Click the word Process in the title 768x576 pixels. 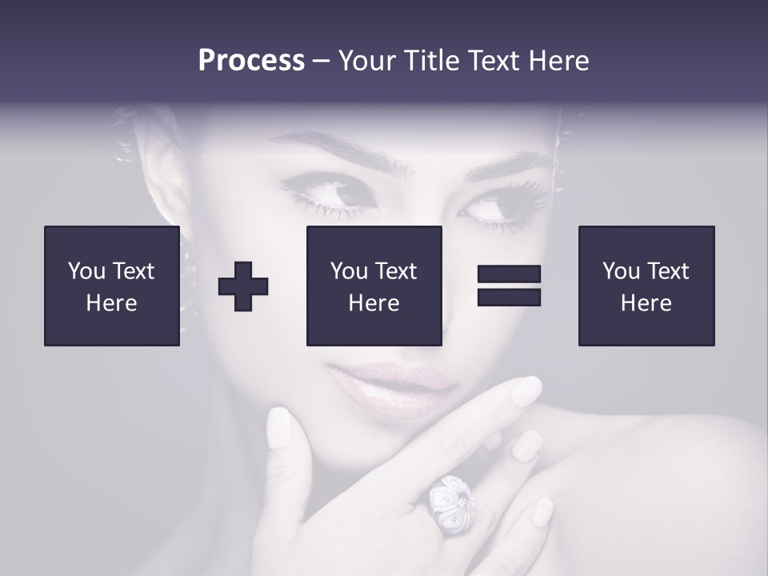tap(251, 60)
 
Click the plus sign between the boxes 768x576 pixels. tap(243, 286)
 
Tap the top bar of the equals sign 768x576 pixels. tap(509, 274)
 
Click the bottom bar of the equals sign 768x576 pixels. tap(509, 297)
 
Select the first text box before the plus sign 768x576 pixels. tap(112, 286)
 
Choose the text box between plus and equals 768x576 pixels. tap(374, 286)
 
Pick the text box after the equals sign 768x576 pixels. tap(646, 286)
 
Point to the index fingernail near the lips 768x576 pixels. tap(526, 391)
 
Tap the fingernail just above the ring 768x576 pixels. tap(527, 445)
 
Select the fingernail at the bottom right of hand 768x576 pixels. tap(543, 512)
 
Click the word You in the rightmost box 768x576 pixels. tap(620, 271)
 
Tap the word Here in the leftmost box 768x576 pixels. tap(111, 303)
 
